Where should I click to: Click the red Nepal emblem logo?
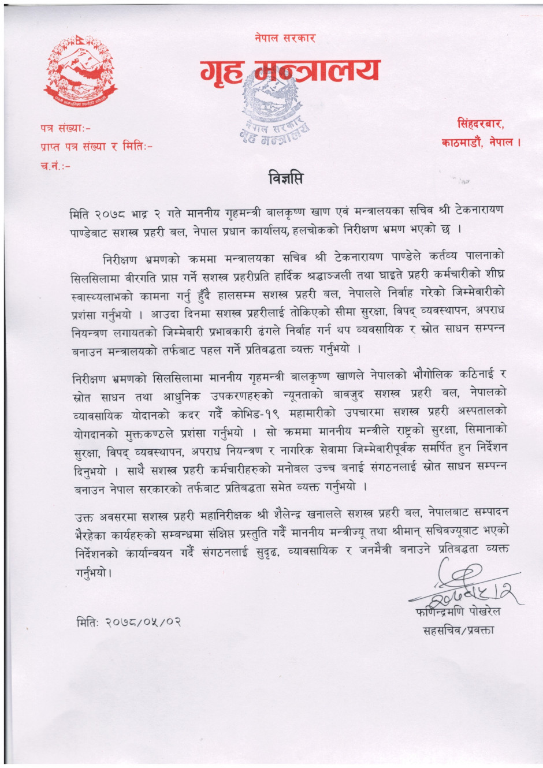[x=81, y=72]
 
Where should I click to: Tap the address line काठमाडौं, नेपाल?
[x=479, y=141]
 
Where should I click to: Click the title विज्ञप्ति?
[x=285, y=178]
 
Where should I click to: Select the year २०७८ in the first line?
[x=120, y=210]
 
